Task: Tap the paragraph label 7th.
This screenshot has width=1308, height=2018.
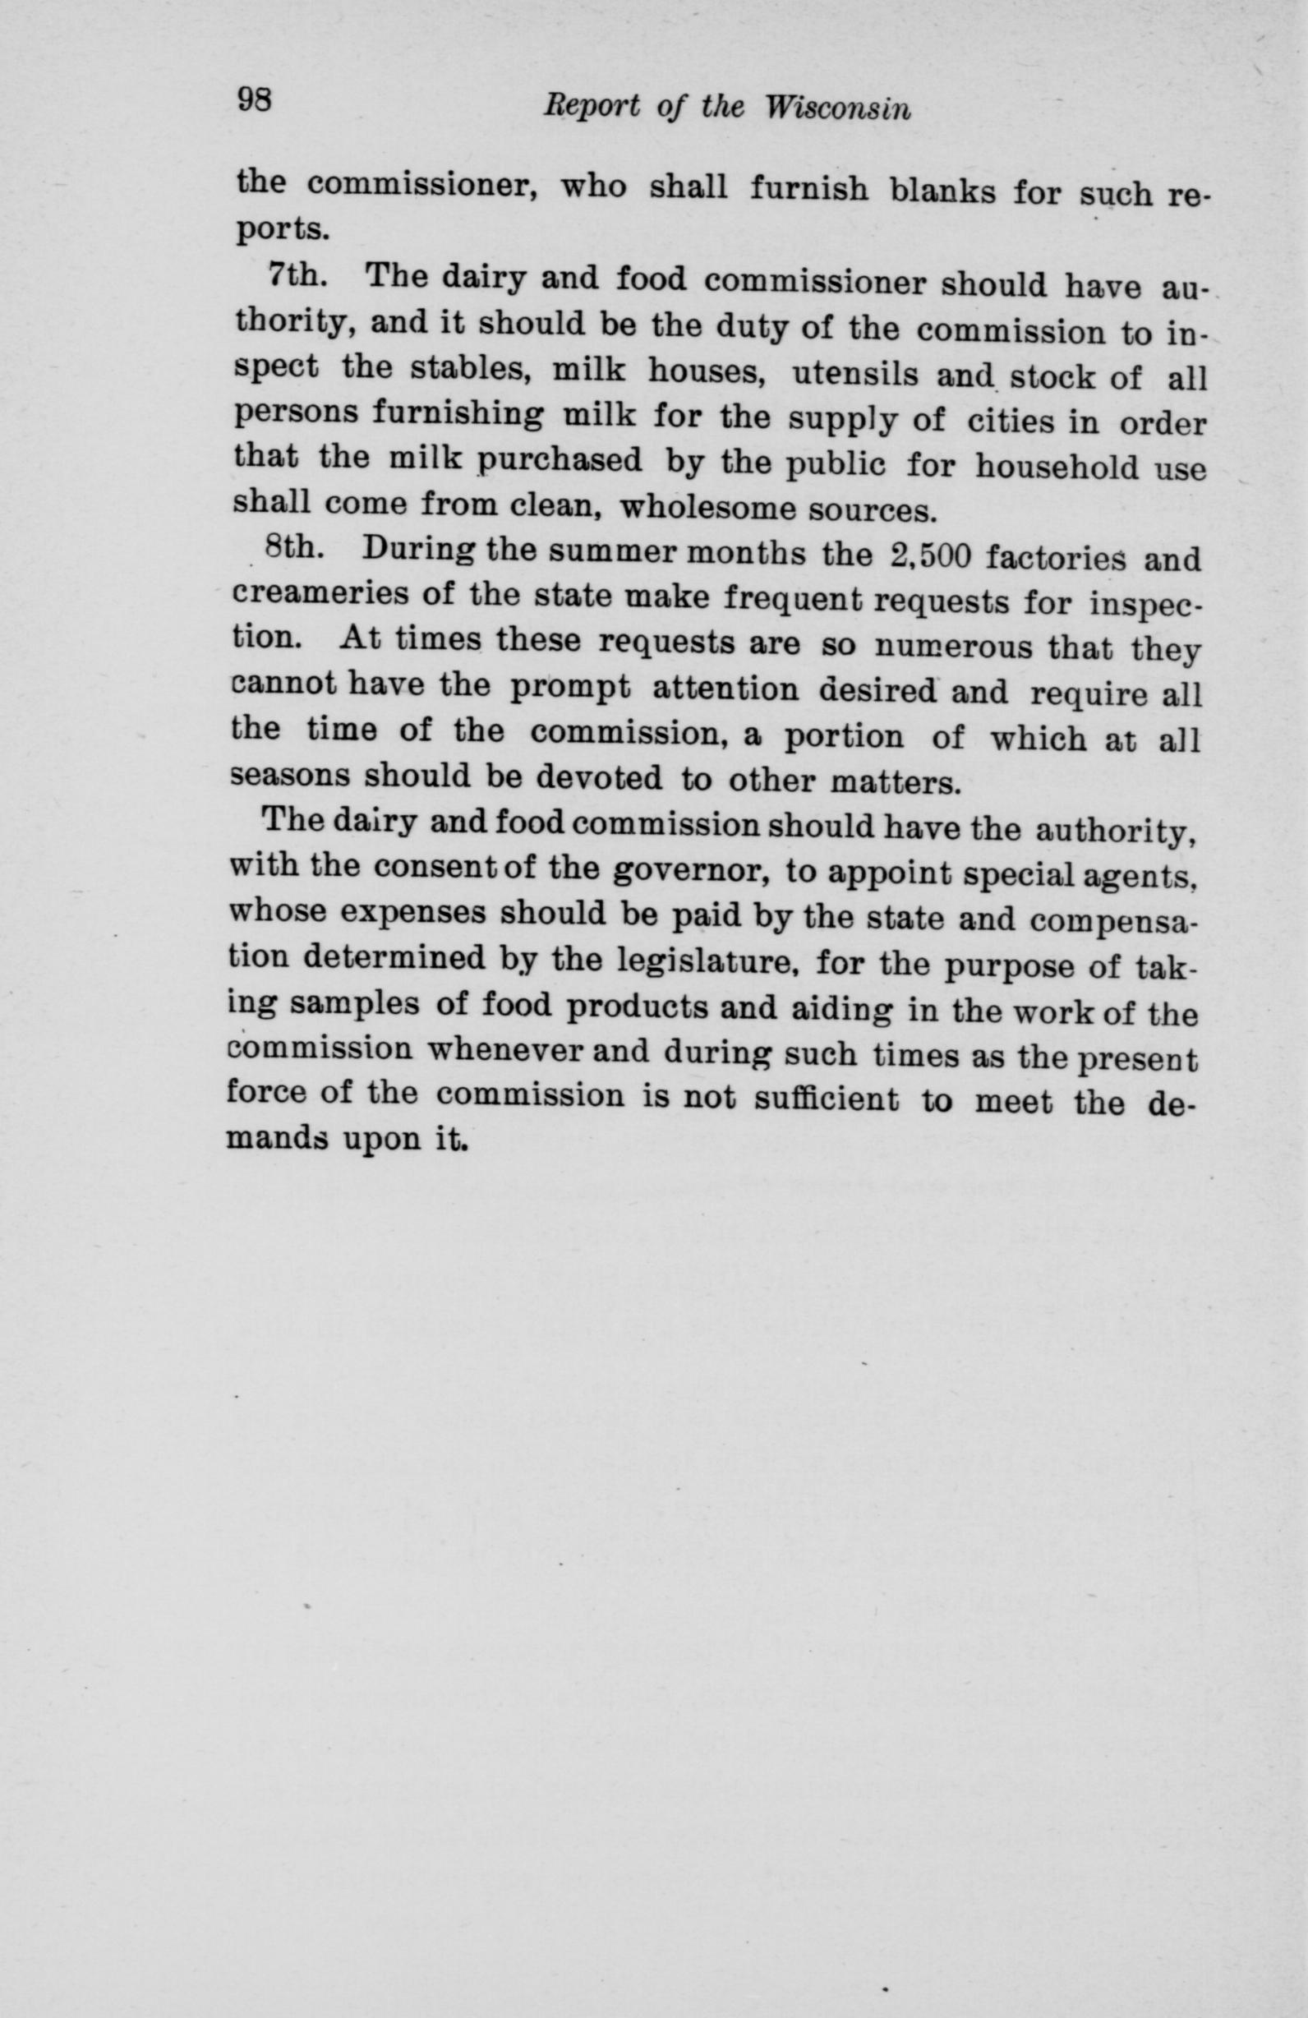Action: click(292, 276)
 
